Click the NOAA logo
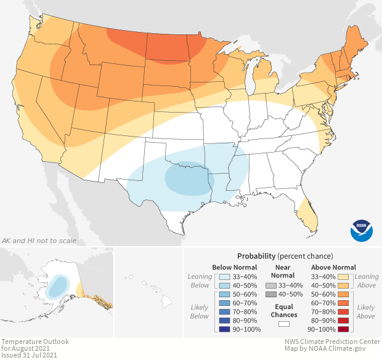coord(362,230)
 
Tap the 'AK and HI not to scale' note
coord(39,241)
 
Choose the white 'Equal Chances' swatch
coord(283,324)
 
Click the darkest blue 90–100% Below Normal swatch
coord(223,330)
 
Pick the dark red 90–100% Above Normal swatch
coord(344,330)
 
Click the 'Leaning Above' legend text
coord(367,281)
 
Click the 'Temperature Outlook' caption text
coord(35,342)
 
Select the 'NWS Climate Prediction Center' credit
coord(332,342)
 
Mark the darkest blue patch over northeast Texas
coord(186,178)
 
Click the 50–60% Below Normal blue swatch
coord(223,295)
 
